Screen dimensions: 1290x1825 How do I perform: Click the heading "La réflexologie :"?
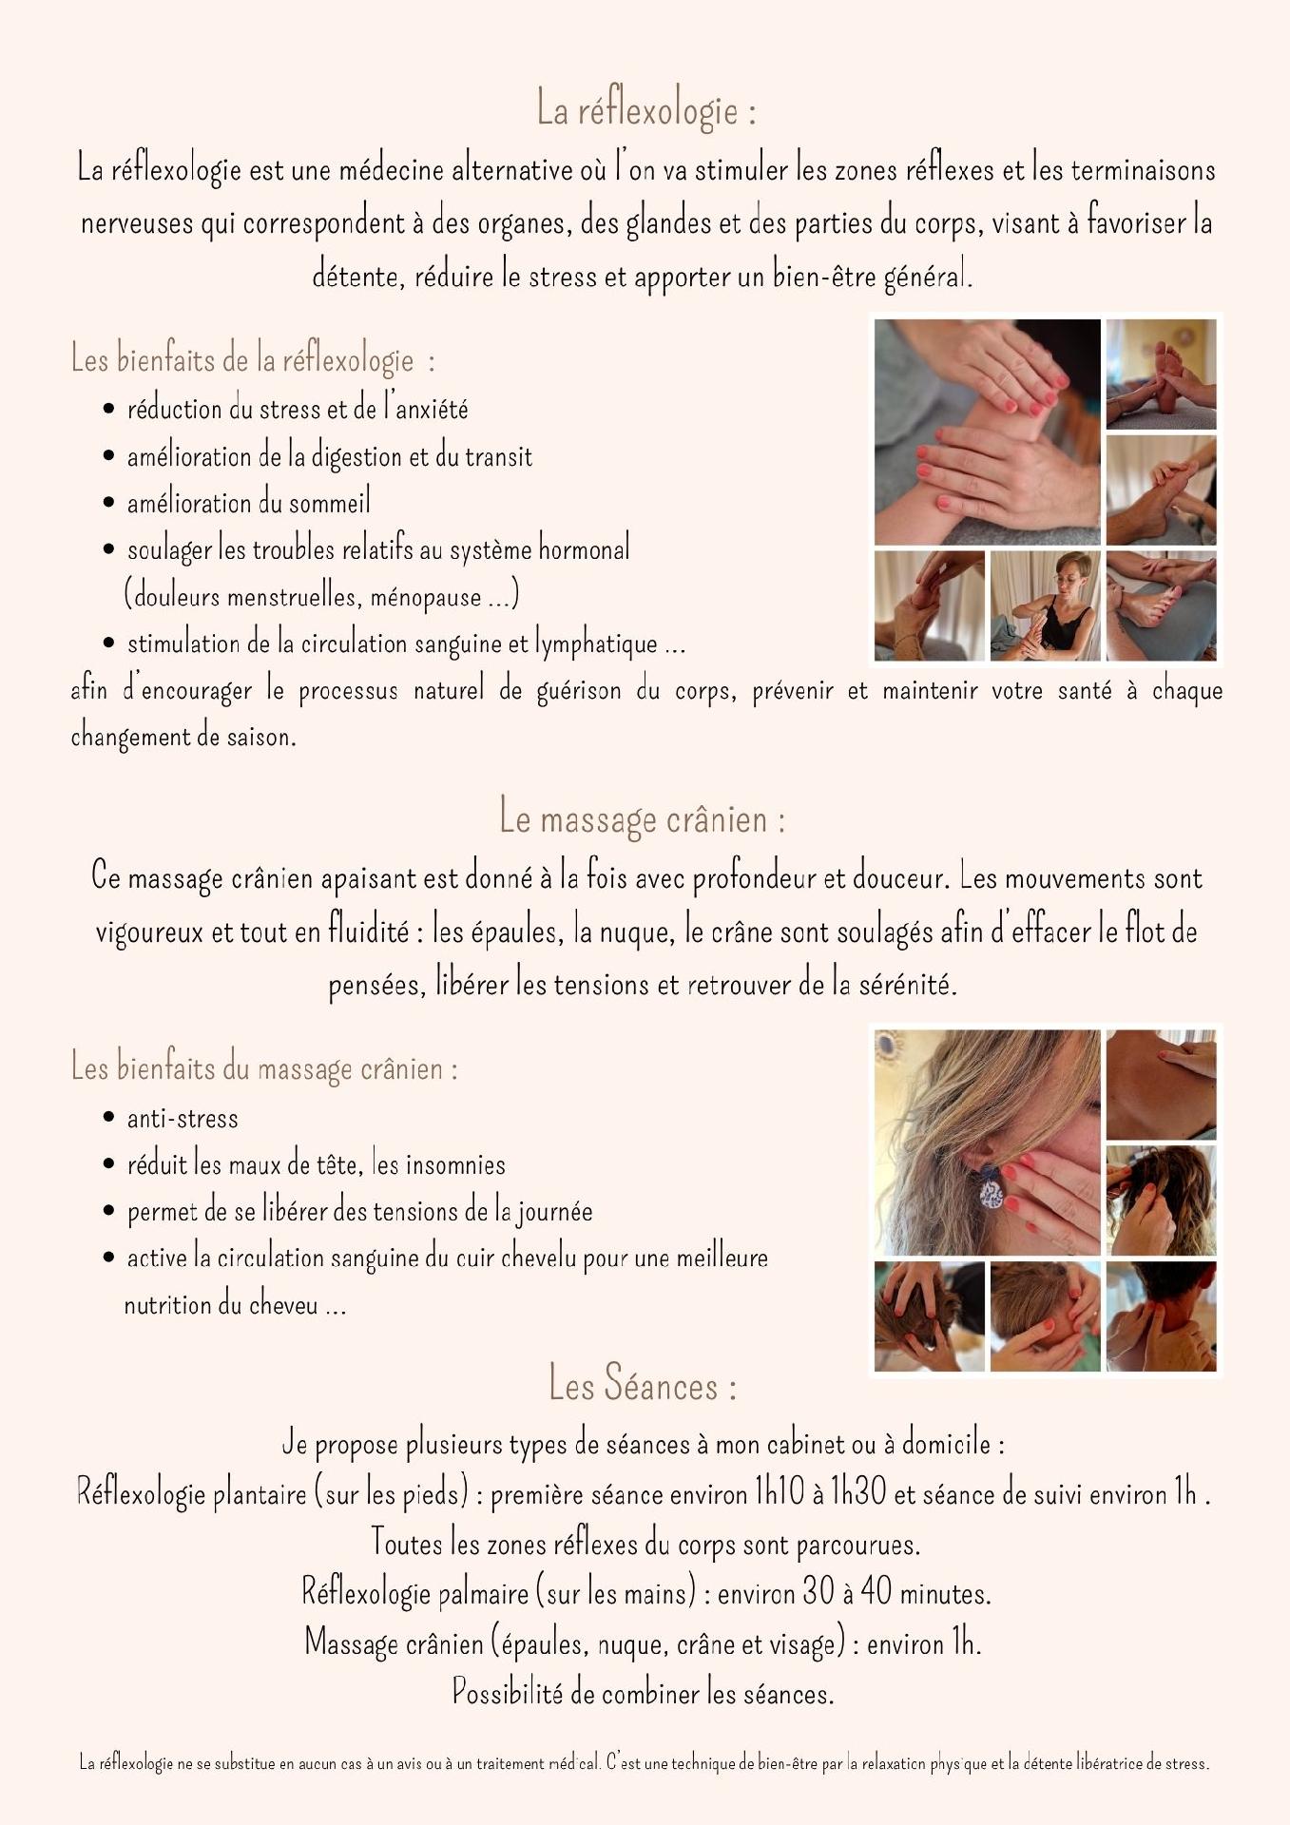tap(646, 108)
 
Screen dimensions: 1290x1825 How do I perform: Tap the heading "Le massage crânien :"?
tap(643, 817)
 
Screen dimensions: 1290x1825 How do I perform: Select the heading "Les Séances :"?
tap(643, 1383)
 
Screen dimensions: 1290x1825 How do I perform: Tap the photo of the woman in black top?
tap(1045, 605)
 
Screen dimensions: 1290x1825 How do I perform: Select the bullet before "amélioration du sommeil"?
tap(109, 503)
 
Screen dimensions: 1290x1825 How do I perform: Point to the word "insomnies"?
tap(455, 1164)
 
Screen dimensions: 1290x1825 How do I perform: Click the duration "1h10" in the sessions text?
tap(780, 1493)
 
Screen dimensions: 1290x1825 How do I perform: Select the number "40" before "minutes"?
tap(876, 1592)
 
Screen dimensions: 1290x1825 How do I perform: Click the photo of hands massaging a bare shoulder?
tap(1161, 1085)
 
